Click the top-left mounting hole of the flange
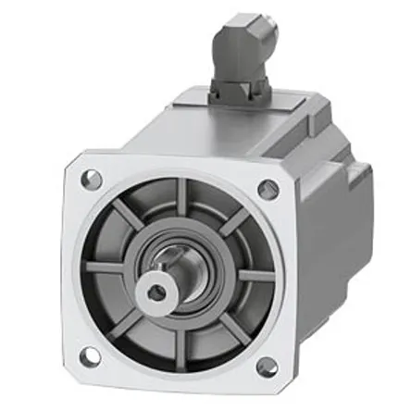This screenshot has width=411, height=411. pos(90,180)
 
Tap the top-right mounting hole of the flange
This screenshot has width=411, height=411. pos(268,190)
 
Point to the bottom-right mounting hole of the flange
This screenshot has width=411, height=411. pos(265,365)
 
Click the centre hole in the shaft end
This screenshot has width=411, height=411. pos(156,293)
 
